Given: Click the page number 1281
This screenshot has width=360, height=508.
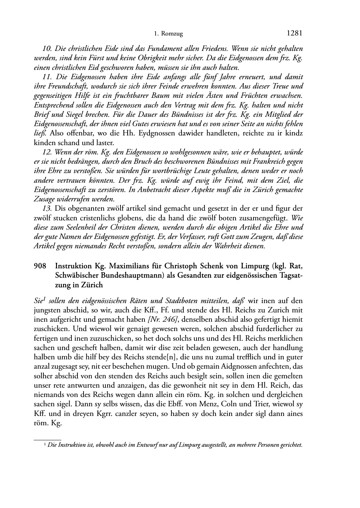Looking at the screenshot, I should (295, 33).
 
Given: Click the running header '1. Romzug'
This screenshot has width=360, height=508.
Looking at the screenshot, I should (168, 34).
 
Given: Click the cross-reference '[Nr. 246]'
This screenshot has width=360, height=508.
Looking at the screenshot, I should (165, 319).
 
